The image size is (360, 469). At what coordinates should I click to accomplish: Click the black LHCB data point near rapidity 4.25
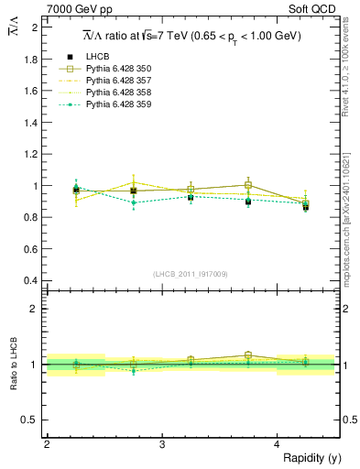(306, 208)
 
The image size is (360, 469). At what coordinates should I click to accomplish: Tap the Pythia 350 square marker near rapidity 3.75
(248, 185)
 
